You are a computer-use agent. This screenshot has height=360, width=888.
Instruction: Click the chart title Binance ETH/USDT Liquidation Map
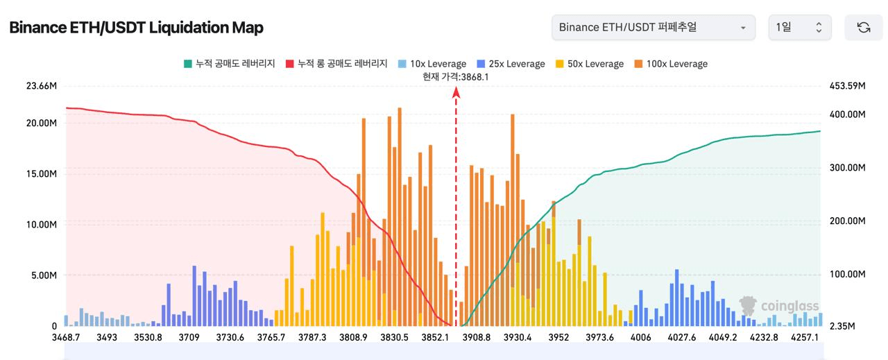[x=136, y=28]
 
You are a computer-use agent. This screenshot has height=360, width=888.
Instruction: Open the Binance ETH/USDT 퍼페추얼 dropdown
[x=653, y=28]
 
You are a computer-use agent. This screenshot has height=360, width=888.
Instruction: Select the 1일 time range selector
[x=799, y=28]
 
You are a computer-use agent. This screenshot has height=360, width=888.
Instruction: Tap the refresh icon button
[x=864, y=28]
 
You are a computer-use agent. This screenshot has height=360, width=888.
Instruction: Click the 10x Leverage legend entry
[x=433, y=64]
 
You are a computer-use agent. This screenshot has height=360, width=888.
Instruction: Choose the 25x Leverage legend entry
[x=511, y=64]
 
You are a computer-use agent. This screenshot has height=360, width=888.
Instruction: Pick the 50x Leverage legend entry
[x=590, y=64]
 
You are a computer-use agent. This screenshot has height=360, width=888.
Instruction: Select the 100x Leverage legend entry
[x=671, y=64]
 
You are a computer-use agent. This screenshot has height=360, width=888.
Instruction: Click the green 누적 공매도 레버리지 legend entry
[x=230, y=64]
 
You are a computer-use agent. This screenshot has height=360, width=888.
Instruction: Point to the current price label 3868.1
[x=456, y=77]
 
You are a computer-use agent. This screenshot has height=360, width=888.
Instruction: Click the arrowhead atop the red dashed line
[x=456, y=92]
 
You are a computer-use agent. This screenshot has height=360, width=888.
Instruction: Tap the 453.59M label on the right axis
[x=848, y=86]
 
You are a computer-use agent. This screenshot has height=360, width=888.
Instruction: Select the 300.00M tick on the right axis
[x=848, y=168]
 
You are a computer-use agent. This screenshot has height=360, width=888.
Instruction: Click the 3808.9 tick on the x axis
[x=354, y=338]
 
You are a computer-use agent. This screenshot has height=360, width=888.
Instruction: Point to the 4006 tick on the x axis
[x=641, y=338]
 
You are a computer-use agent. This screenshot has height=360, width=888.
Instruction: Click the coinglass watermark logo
[x=779, y=306]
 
